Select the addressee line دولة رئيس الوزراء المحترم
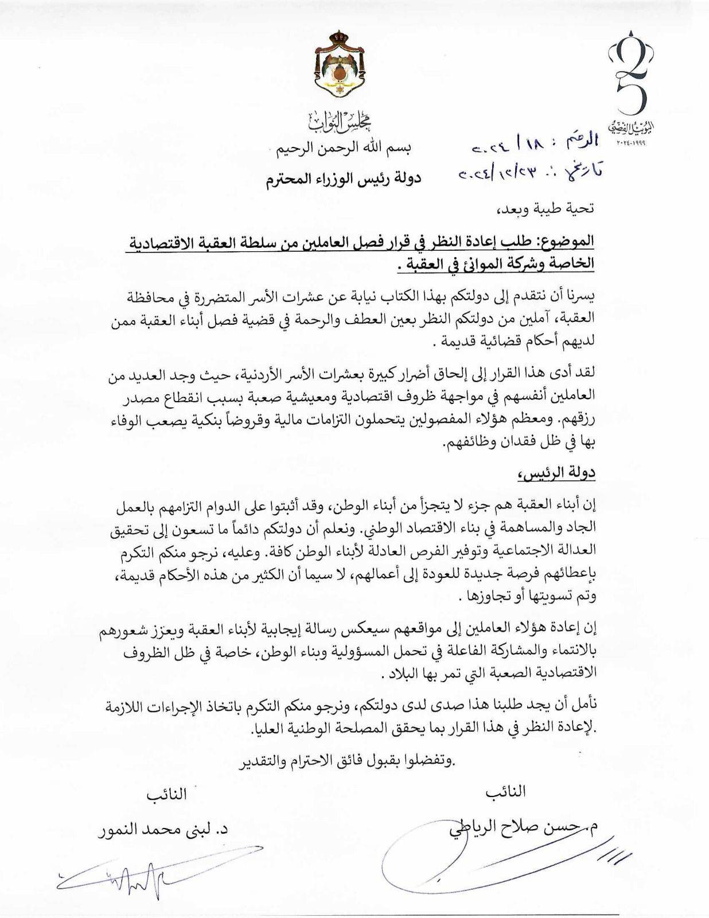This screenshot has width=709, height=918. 343,178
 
